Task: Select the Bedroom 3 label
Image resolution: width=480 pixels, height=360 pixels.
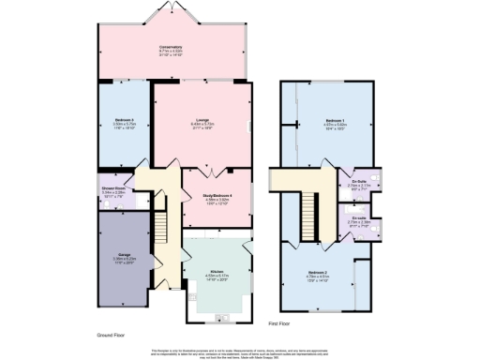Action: [x=126, y=120]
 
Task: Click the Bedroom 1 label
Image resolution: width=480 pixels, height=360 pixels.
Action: [x=335, y=122]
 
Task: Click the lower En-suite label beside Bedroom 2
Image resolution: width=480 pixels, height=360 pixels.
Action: [x=358, y=217]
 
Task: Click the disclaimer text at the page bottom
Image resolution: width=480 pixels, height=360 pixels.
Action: [x=240, y=352]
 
